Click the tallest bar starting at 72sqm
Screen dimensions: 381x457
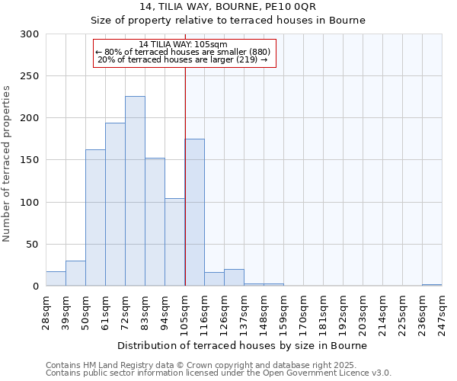click(x=135, y=190)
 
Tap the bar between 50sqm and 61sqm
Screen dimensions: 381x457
click(x=95, y=217)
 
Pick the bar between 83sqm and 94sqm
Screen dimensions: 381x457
click(x=155, y=222)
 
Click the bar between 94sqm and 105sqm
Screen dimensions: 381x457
click(x=174, y=242)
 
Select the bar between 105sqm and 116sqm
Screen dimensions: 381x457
click(x=194, y=212)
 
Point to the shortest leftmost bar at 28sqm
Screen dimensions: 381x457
click(x=56, y=279)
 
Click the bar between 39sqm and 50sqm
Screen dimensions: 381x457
click(x=75, y=274)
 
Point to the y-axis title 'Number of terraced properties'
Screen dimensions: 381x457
click(x=8, y=164)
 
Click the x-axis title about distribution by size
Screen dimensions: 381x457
click(x=243, y=345)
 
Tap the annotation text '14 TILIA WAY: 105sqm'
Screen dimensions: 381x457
click(x=184, y=45)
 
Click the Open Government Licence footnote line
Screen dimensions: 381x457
click(x=219, y=373)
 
